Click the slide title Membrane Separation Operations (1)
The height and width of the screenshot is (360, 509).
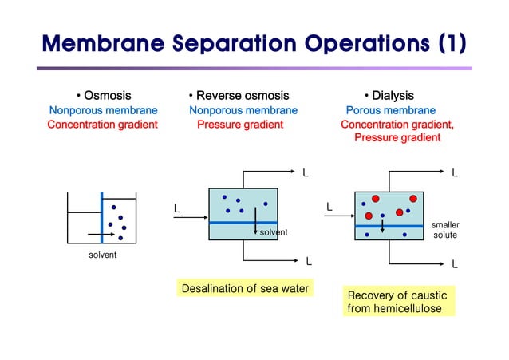pyautogui.click(x=254, y=42)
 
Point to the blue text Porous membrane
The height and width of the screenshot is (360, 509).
pyautogui.click(x=390, y=110)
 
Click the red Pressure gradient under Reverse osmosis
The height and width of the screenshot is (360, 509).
pyautogui.click(x=240, y=125)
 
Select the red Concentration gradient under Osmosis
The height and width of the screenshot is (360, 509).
pyautogui.click(x=102, y=125)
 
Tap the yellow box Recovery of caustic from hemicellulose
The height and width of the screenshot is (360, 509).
pyautogui.click(x=397, y=302)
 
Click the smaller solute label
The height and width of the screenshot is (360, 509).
pyautogui.click(x=445, y=231)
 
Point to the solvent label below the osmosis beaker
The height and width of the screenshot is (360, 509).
pyautogui.click(x=103, y=255)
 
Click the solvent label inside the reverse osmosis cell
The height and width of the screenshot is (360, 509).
pyautogui.click(x=274, y=232)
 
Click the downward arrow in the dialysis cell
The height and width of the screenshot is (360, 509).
pyautogui.click(x=382, y=224)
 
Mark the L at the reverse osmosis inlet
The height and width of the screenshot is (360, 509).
pyautogui.click(x=177, y=210)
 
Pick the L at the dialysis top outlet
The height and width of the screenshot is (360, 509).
pyautogui.click(x=455, y=172)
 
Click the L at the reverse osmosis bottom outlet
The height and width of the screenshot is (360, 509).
pyautogui.click(x=309, y=261)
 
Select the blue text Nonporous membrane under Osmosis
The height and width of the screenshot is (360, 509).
pyautogui.click(x=103, y=110)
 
